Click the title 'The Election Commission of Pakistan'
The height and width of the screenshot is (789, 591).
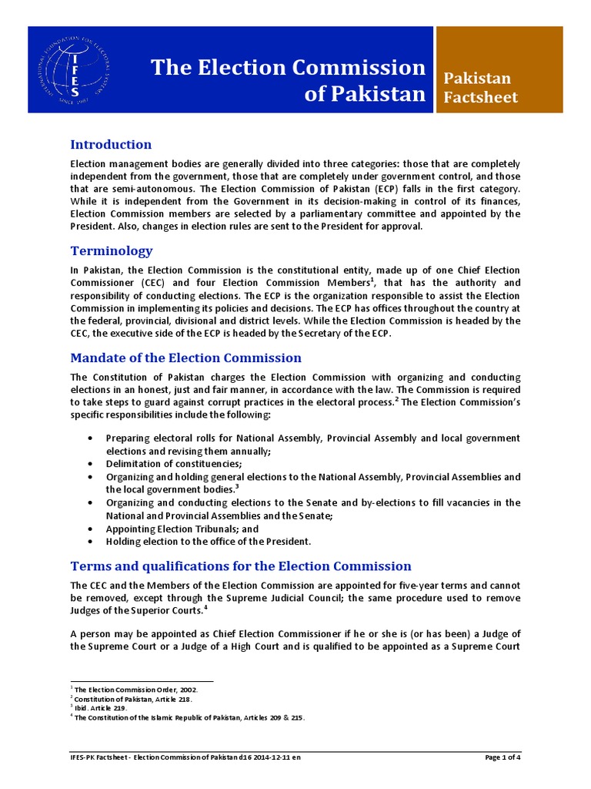(x=289, y=80)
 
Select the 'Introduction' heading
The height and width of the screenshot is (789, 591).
(x=111, y=145)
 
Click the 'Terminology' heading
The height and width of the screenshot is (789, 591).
(x=112, y=251)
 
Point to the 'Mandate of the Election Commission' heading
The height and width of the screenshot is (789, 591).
(x=185, y=358)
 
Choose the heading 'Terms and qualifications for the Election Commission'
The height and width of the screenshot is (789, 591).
(x=241, y=566)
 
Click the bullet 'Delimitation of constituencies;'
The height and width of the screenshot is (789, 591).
(x=174, y=463)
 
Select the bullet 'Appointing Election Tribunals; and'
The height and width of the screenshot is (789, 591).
(x=182, y=529)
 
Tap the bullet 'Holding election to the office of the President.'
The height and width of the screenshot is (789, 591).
(x=209, y=542)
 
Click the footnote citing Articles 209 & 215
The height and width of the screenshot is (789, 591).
(x=189, y=717)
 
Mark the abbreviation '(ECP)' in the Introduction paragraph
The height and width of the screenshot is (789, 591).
(x=409, y=189)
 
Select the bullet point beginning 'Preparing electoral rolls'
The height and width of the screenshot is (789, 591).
(x=312, y=444)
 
